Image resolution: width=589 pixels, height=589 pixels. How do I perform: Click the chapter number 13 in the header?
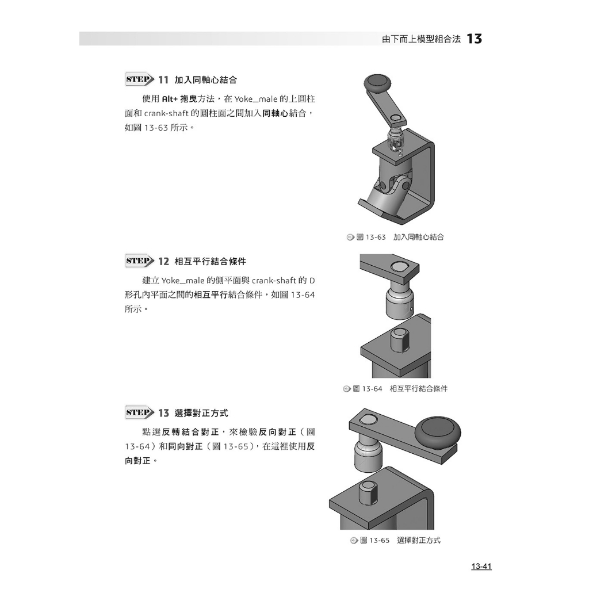coord(474,39)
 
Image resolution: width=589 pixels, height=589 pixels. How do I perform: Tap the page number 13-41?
coord(481,566)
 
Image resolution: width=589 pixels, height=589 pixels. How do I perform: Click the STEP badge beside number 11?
coord(139,79)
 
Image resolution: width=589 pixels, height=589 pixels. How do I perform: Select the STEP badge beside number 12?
coord(139,261)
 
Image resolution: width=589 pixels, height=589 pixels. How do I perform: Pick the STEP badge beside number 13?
coord(139,412)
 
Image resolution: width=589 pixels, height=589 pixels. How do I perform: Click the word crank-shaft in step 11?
coord(166,113)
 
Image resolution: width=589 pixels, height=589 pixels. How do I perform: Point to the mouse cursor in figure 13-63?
coord(393,148)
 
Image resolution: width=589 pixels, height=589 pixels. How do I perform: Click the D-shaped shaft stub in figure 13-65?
coord(368,492)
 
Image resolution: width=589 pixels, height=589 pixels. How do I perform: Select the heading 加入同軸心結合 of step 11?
coord(206,80)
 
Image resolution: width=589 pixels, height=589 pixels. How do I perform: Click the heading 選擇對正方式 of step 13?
coord(201,413)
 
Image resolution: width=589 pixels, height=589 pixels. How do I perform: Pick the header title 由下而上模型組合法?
coord(421,39)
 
